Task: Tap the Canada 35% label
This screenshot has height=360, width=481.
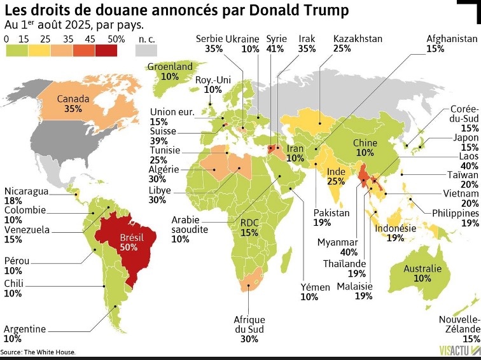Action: point(73,104)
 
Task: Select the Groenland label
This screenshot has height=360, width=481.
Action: point(169,71)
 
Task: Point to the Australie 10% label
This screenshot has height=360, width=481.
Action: point(422,273)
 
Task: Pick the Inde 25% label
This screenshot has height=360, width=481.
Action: point(336,177)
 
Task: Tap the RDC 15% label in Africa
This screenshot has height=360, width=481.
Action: point(249,228)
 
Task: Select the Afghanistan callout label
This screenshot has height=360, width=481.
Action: point(451,43)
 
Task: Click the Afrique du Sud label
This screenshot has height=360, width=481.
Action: point(249,330)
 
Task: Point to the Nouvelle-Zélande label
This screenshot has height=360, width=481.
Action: point(459,324)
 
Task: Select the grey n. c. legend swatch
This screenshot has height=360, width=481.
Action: point(146,50)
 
